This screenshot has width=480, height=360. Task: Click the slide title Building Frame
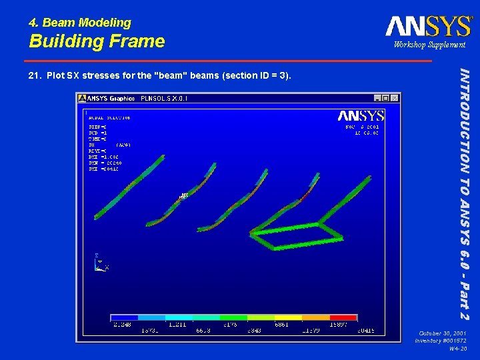coord(97,41)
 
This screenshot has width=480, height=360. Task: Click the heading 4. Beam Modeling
coord(80,23)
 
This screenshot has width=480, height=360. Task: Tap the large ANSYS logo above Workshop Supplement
coord(428,26)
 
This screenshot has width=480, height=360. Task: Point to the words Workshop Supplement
coord(429,45)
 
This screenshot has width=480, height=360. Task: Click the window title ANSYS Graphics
coord(112,98)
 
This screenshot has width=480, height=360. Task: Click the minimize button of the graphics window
coord(377,98)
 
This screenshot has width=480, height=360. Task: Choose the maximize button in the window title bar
coord(386,98)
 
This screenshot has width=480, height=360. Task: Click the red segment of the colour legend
coord(343,318)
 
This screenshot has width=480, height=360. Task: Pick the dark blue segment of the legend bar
coord(125,318)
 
